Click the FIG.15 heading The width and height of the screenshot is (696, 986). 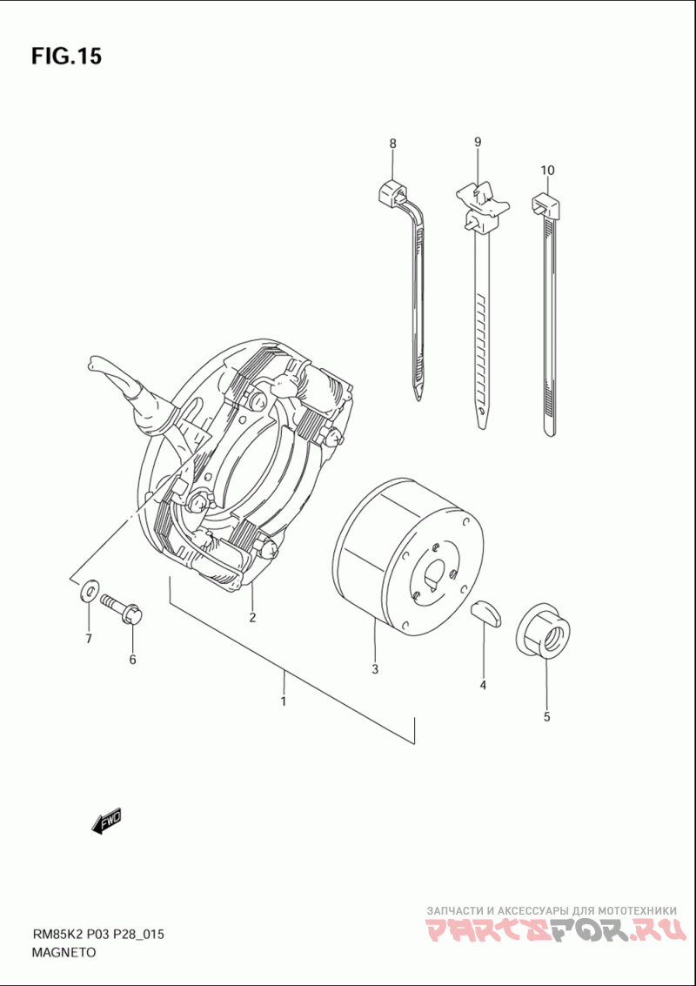(67, 57)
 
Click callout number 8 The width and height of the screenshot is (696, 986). (392, 143)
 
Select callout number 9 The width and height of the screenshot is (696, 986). (478, 142)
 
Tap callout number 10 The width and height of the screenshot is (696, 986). (546, 170)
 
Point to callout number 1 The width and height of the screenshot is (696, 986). (283, 701)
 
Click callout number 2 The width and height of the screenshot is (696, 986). (252, 618)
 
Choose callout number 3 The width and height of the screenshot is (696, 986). (375, 669)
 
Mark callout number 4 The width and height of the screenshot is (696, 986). (482, 685)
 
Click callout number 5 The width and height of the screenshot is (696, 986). (546, 717)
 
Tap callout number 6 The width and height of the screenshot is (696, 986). (133, 660)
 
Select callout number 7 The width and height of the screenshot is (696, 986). (88, 640)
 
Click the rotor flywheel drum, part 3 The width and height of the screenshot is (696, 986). (409, 557)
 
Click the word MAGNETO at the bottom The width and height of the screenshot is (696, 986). (64, 952)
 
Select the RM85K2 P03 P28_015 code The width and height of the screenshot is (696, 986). (98, 935)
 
